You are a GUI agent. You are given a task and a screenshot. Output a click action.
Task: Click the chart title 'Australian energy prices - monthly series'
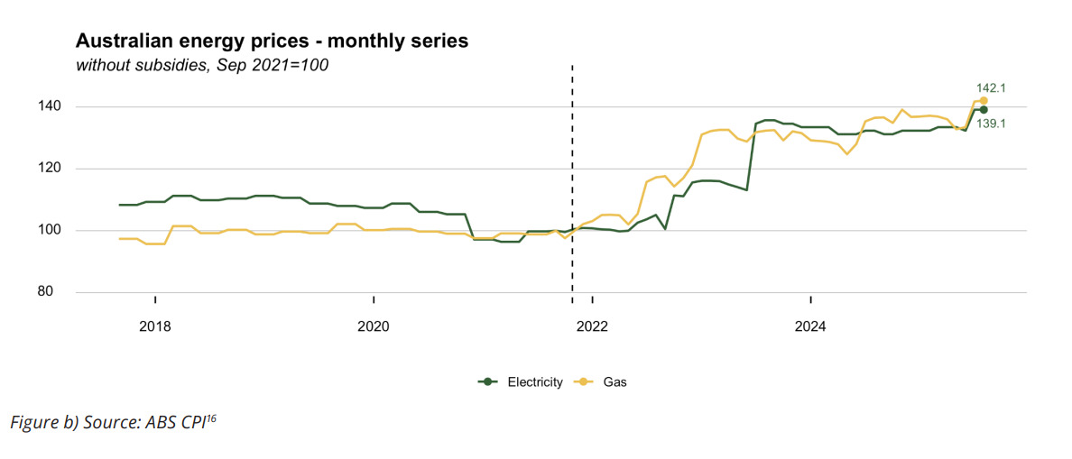click(272, 41)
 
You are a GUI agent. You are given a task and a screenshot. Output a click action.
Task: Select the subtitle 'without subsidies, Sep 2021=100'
click(202, 66)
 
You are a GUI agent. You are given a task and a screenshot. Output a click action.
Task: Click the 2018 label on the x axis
click(155, 325)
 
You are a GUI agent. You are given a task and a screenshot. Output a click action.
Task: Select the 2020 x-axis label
click(374, 325)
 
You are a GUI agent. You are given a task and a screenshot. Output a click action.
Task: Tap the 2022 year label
click(592, 325)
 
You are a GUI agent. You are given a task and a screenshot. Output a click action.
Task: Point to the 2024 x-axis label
click(810, 325)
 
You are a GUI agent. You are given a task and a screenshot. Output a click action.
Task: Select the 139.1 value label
click(991, 124)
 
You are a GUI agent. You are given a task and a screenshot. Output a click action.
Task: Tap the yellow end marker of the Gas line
click(984, 101)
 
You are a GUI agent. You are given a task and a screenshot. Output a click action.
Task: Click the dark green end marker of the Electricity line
click(984, 110)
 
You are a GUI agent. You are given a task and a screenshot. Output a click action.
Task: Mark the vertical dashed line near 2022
click(572, 180)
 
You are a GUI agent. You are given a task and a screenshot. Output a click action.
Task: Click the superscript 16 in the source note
click(211, 418)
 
